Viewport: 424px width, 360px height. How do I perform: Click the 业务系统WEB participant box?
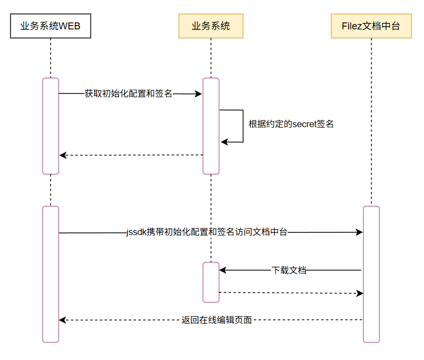pos(50,26)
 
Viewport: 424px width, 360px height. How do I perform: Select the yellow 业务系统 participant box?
pos(211,26)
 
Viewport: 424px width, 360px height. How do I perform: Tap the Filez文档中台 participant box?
pos(371,26)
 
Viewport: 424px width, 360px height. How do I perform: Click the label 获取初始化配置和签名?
pos(128,93)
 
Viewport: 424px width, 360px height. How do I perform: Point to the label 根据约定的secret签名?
pos(291,124)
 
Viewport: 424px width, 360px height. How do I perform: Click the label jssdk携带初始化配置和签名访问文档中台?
pos(206,232)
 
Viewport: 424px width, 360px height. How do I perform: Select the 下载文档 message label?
pos(289,270)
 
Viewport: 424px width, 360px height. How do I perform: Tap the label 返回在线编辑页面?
pos(217,320)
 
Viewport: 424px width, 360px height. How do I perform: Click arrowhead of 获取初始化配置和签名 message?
pos(199,94)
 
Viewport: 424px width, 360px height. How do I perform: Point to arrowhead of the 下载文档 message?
pos(222,270)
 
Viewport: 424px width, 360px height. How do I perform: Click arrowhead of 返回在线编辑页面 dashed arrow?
pos(62,320)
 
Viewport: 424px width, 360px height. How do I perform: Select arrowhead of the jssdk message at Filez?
pos(360,232)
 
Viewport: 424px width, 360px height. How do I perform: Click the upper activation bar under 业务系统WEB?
pos(50,126)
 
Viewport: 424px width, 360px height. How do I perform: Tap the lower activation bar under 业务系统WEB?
pos(50,273)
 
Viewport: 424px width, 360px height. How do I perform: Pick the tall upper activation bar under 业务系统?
pos(211,126)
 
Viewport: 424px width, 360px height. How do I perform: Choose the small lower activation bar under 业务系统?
pos(211,282)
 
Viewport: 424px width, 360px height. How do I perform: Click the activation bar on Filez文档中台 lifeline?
pos(371,273)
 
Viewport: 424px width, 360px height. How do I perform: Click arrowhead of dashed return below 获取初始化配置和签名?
pos(62,155)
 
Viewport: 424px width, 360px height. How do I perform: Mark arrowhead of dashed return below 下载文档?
pos(360,293)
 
